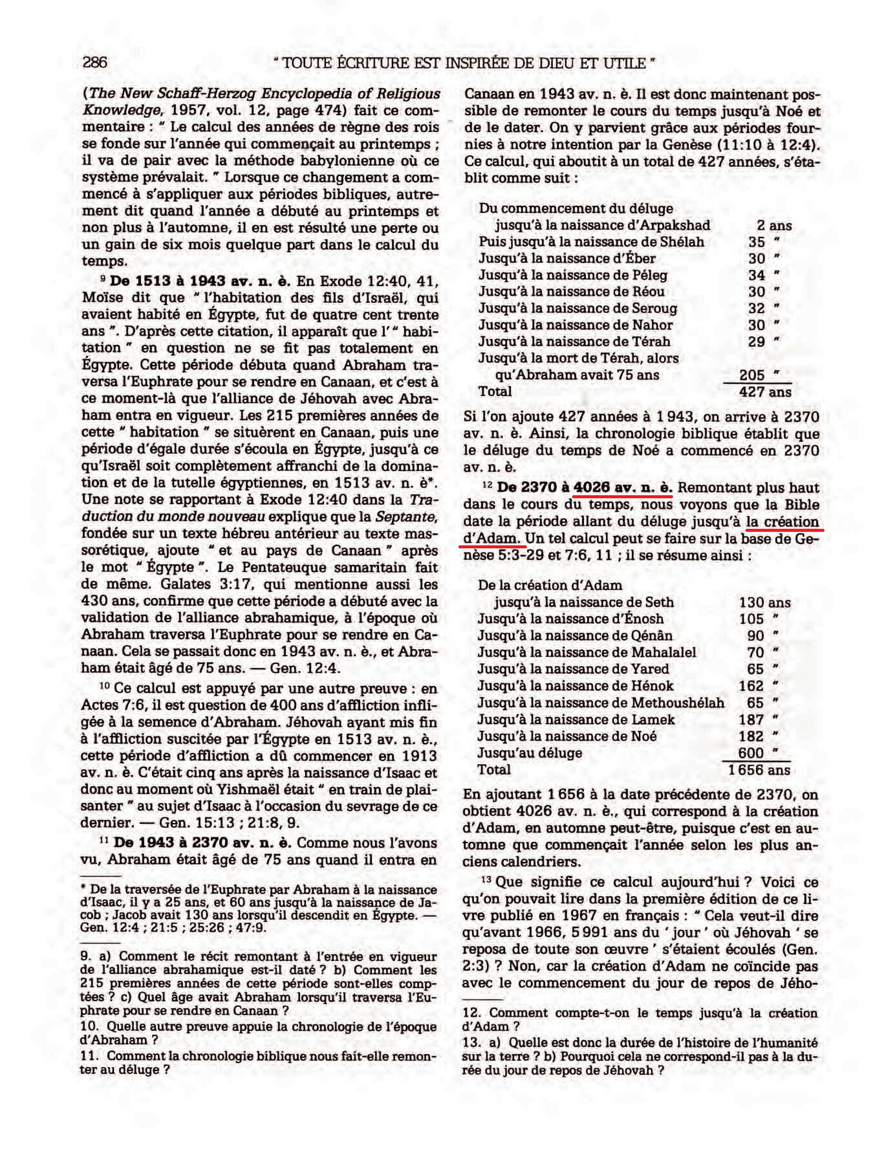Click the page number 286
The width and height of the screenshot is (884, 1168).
coord(95,62)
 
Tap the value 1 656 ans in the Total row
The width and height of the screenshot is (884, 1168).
coord(758,770)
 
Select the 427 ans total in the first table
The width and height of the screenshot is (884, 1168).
coord(765,392)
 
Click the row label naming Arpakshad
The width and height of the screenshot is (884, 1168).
coord(602,225)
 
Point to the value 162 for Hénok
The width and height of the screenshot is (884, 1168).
coord(751,686)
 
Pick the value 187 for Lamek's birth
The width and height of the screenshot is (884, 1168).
coord(751,720)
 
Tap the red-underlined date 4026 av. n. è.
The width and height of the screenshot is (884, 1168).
coord(622,488)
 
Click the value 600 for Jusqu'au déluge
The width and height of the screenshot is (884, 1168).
coord(751,754)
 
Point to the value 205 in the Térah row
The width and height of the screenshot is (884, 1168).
coord(752,376)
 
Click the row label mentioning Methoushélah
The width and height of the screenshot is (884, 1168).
coord(601,703)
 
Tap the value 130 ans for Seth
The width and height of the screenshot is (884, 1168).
coord(764,603)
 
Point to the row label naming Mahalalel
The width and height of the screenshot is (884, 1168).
coord(586,653)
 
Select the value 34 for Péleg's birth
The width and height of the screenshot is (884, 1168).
coord(757,275)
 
